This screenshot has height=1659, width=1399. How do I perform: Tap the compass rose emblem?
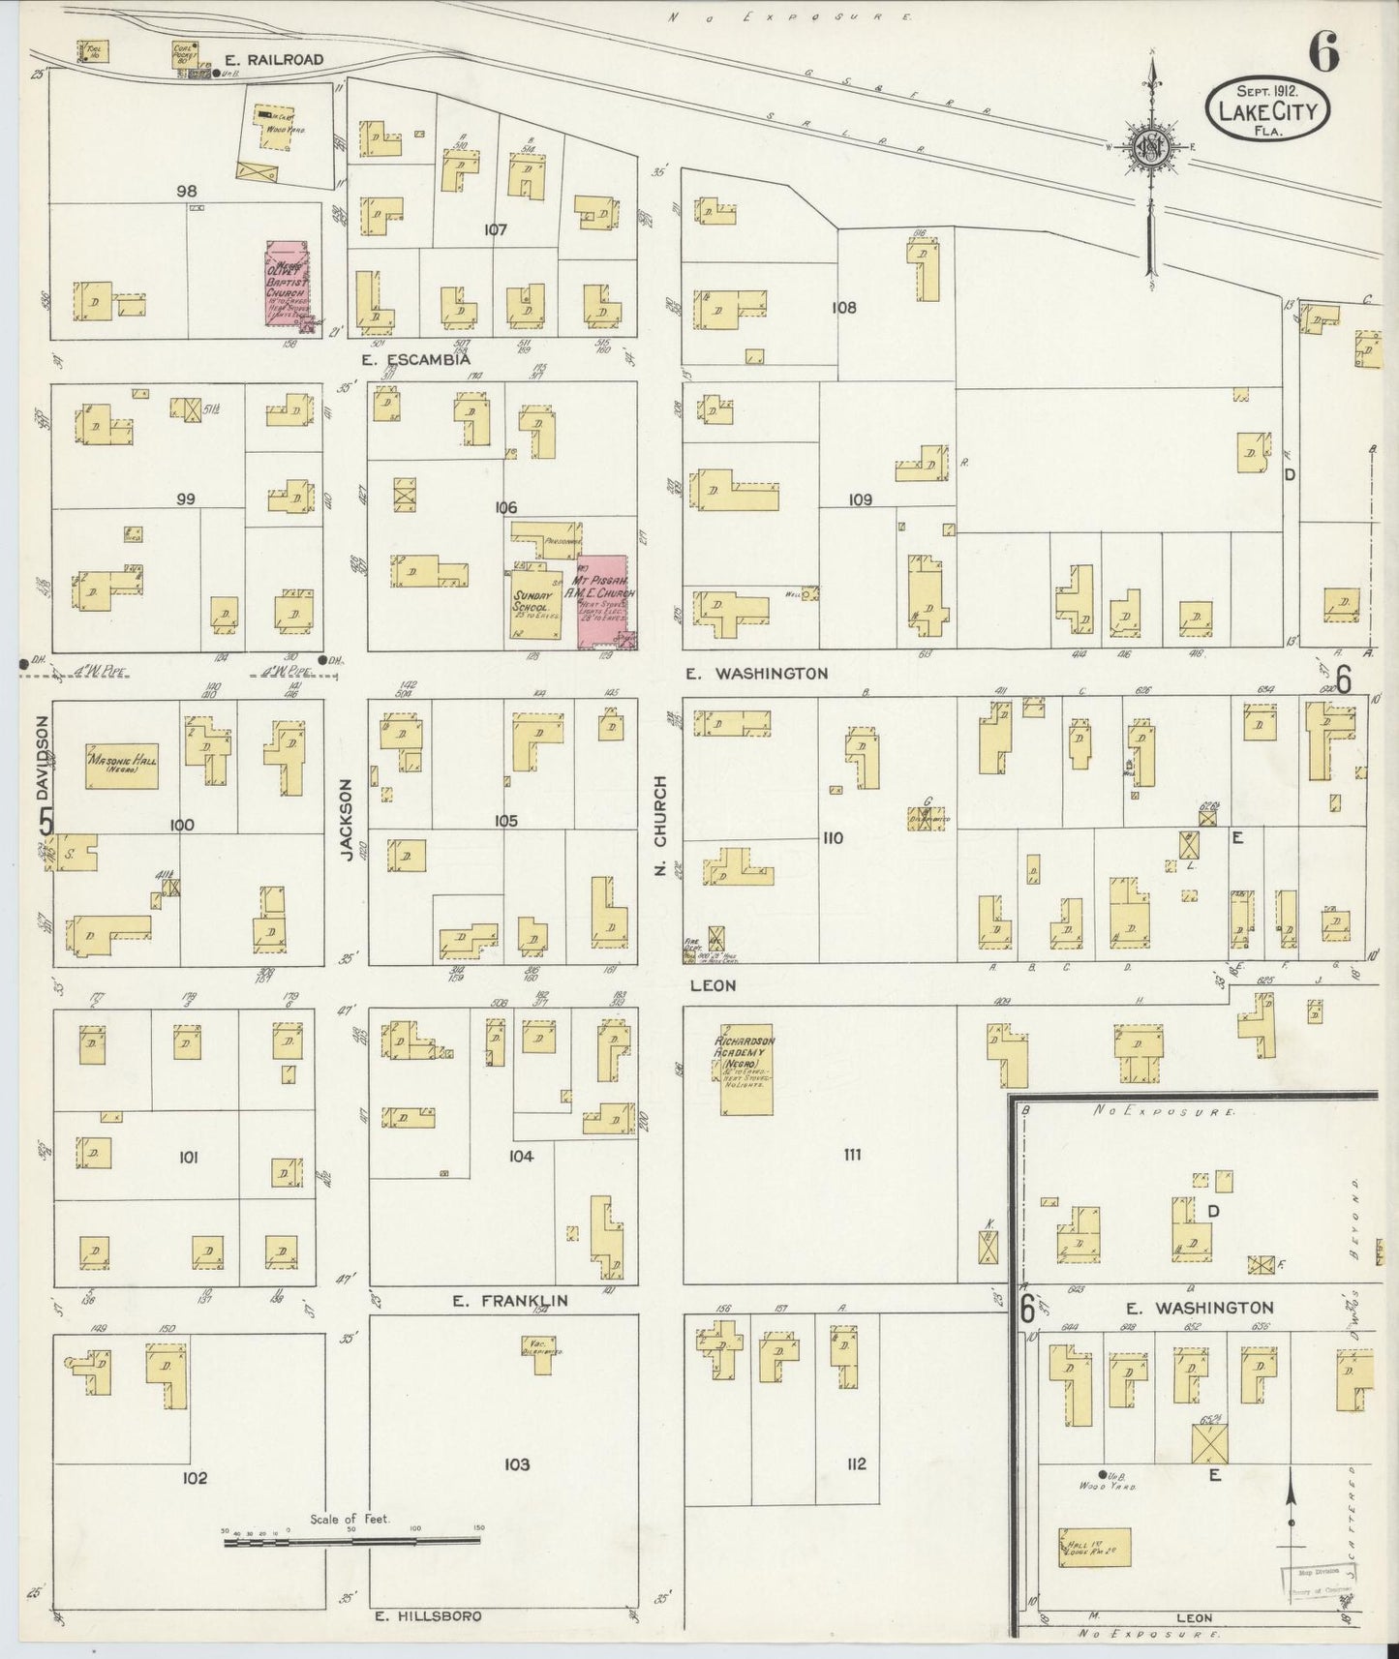[1151, 147]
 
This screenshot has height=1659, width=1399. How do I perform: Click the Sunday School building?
[535, 605]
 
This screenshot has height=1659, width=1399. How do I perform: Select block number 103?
[517, 1463]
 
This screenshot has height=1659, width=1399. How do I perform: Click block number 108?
[843, 308]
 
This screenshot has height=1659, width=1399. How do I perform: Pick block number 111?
[852, 1154]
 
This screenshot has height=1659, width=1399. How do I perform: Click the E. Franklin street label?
[510, 1302]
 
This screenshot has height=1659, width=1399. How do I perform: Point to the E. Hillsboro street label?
[427, 1615]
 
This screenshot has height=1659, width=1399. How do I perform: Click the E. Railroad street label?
[284, 59]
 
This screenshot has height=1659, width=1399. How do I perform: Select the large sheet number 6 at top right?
[1324, 55]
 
